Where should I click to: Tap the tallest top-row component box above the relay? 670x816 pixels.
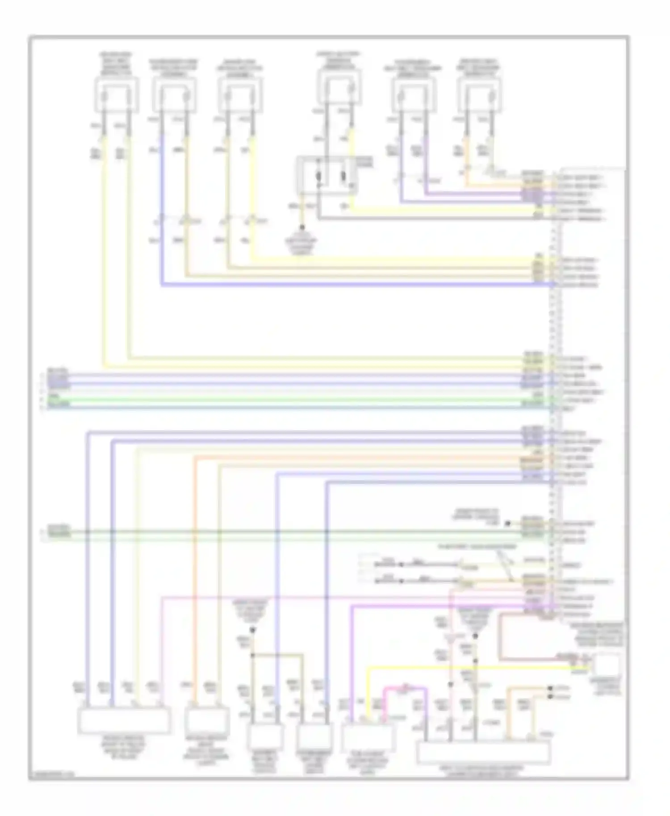[339, 89]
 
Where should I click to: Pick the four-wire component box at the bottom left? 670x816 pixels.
[124, 720]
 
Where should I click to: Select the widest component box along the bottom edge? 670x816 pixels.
[483, 752]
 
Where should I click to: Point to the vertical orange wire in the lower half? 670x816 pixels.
[195, 580]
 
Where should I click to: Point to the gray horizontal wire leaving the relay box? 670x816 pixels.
[429, 219]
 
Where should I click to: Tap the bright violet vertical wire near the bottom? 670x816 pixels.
[352, 661]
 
